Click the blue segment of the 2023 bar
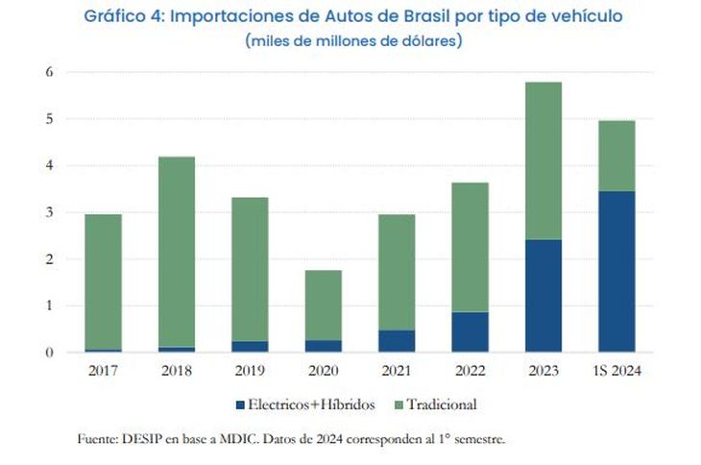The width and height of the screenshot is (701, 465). [x=543, y=296]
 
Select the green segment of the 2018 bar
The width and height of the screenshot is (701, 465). [x=177, y=252]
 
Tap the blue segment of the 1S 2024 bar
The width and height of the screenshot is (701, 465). [x=616, y=272]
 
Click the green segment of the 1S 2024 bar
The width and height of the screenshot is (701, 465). [x=616, y=156]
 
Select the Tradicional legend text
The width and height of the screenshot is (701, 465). [x=442, y=404]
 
